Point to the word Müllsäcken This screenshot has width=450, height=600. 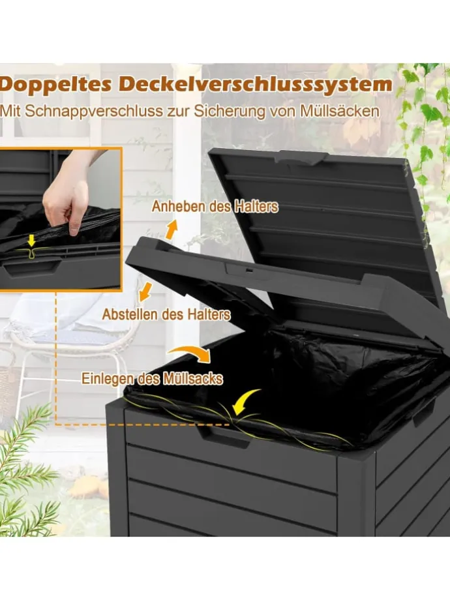340,111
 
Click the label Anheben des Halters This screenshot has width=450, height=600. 215,207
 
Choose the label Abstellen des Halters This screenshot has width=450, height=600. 166,314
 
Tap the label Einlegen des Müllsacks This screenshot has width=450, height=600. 153,378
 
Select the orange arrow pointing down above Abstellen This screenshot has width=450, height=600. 145,292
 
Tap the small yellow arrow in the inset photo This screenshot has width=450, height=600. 32,241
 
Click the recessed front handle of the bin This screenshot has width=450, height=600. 224,437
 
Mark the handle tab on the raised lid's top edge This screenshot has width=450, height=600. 303,157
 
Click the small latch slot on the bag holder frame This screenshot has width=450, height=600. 248,271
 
